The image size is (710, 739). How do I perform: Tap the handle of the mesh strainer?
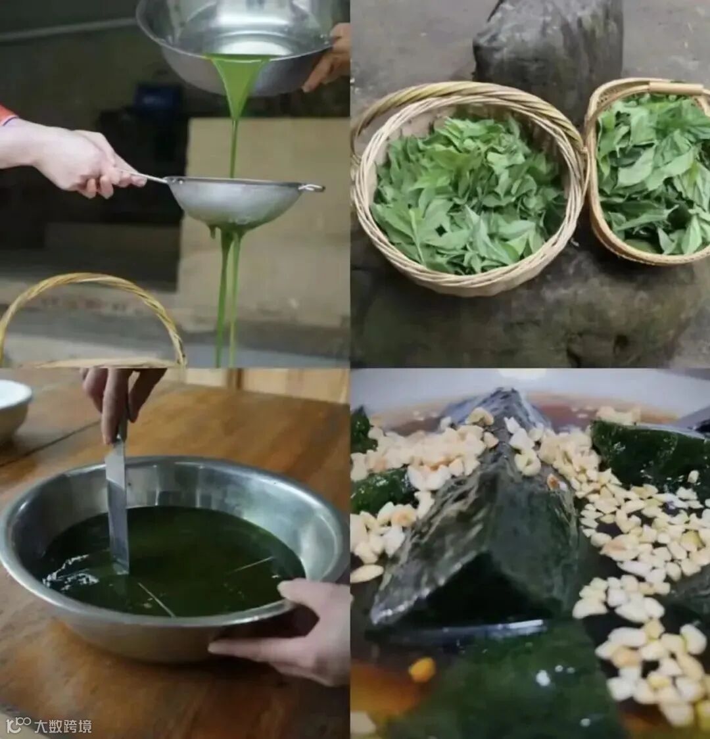[141, 178]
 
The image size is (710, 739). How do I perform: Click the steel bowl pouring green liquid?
[235, 45]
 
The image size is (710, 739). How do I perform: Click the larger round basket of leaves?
[468, 189]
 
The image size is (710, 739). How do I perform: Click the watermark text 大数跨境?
[62, 726]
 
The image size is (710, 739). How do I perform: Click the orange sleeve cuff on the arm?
[7, 114]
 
